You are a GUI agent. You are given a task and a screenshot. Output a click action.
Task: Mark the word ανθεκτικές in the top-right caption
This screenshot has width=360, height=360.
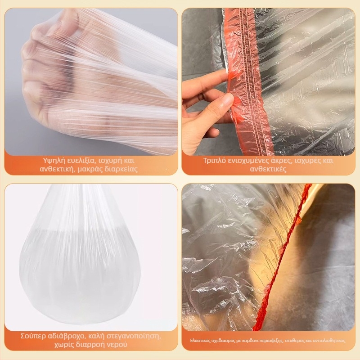[268, 169]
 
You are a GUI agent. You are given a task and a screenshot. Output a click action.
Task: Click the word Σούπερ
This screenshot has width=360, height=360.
[33, 336]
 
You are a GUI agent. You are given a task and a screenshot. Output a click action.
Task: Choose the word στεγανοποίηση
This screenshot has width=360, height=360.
[134, 336]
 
